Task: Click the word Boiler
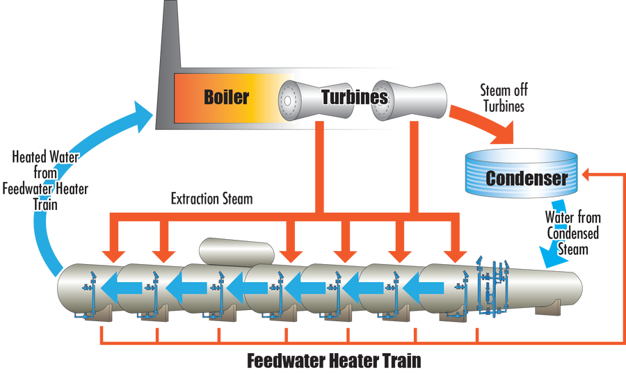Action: click(x=226, y=96)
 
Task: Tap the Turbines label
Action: click(x=354, y=97)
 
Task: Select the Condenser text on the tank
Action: click(x=526, y=178)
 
